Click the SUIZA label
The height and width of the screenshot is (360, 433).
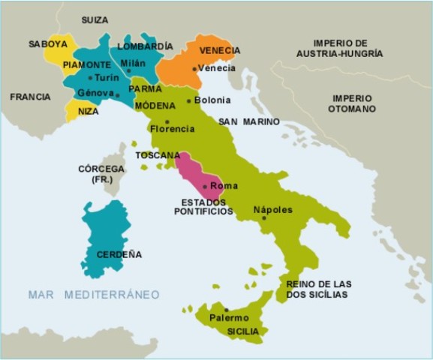(x=94, y=19)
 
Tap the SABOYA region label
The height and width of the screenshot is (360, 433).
(x=48, y=44)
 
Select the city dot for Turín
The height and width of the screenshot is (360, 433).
(x=90, y=77)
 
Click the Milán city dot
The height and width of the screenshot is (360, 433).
(x=129, y=71)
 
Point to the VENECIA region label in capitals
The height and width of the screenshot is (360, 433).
(x=220, y=50)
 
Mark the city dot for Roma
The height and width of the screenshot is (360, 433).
(x=205, y=186)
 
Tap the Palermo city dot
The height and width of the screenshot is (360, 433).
(x=226, y=310)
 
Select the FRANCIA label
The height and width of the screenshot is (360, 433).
(x=30, y=97)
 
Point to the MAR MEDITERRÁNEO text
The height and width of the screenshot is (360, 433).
(x=94, y=295)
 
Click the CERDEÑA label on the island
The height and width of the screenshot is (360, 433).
(x=119, y=254)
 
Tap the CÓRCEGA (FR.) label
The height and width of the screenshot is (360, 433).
(x=101, y=175)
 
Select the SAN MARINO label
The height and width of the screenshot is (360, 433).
(x=249, y=121)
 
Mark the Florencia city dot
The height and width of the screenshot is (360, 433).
(x=167, y=121)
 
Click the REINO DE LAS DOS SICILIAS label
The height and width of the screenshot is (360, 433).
(x=318, y=289)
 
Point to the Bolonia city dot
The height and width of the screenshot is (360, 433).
(x=188, y=100)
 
